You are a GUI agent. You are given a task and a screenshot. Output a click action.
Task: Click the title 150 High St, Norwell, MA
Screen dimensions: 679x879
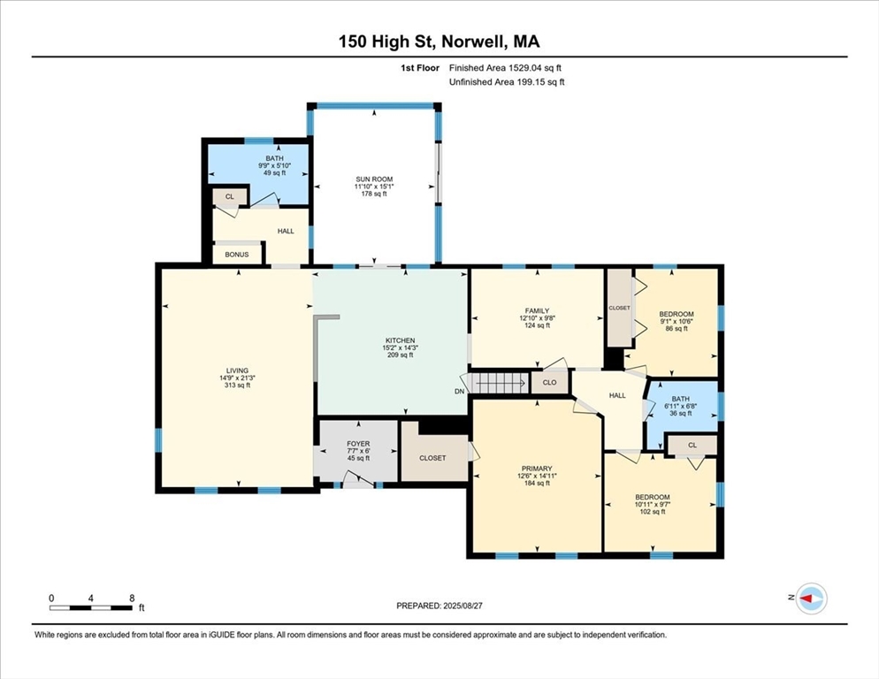click(439, 41)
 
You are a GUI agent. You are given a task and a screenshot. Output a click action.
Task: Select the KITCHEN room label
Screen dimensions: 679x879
click(400, 340)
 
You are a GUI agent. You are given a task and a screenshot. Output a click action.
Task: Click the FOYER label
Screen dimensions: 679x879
click(358, 444)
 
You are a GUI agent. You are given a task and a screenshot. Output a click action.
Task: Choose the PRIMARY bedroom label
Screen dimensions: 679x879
click(536, 469)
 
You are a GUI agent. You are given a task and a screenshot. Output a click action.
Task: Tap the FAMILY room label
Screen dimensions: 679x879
click(537, 311)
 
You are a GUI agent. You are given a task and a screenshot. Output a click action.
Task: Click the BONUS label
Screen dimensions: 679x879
click(237, 255)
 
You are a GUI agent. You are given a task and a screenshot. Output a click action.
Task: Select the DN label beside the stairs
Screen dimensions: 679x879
click(459, 392)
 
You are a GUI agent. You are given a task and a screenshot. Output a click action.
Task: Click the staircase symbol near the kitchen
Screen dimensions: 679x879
click(499, 383)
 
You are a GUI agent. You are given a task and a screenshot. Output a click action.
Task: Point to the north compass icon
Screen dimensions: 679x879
click(810, 599)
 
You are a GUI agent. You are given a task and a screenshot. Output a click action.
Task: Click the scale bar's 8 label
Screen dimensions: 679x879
click(132, 598)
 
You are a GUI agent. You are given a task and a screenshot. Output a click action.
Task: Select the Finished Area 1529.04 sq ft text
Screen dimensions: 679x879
click(505, 67)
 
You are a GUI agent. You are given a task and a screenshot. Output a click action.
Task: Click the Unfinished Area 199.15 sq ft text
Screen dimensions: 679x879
click(507, 82)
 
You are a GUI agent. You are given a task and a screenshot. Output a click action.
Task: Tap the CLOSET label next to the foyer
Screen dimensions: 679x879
click(432, 458)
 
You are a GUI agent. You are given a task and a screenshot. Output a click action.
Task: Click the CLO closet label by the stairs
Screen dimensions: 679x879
click(549, 383)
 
